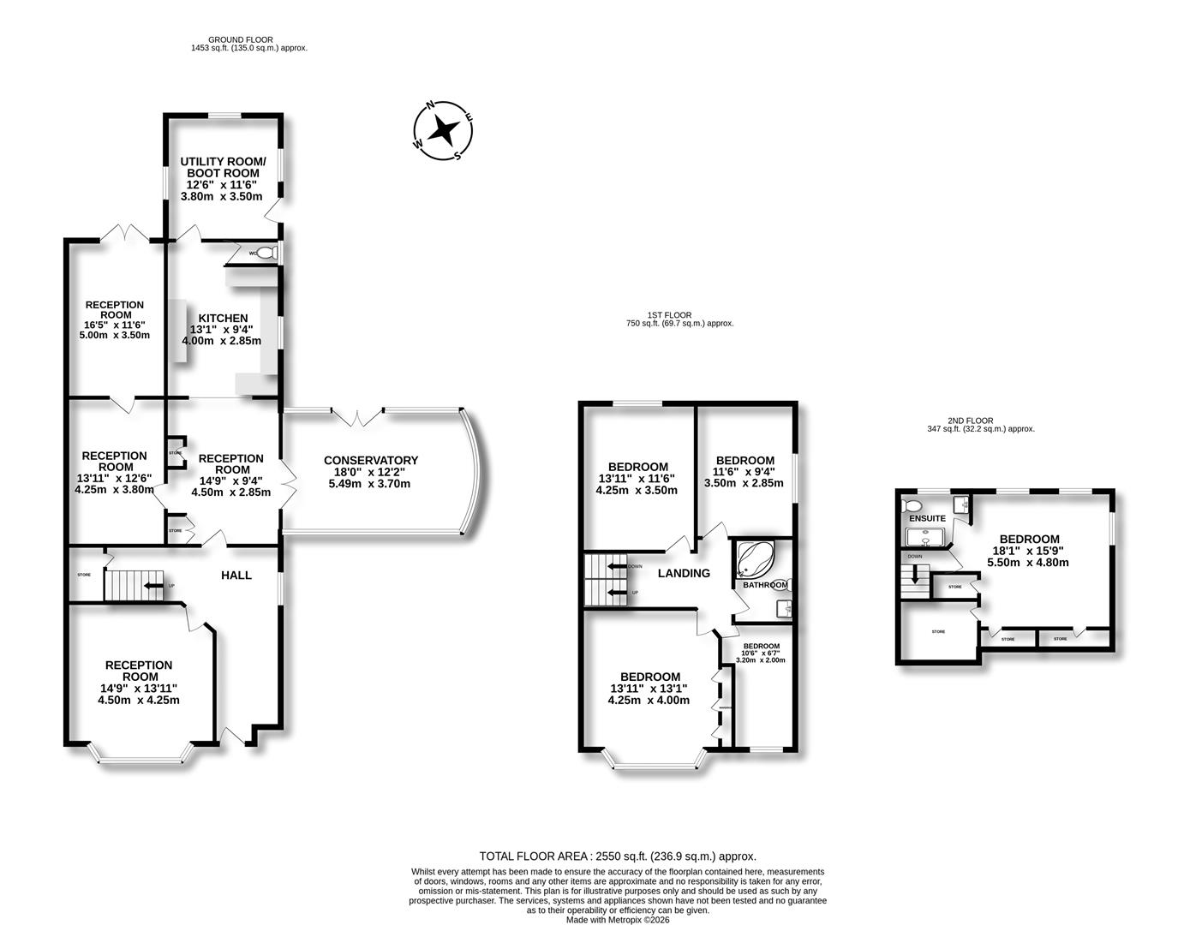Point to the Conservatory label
click(371, 461)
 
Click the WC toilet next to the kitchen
click(266, 254)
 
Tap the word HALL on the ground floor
click(236, 576)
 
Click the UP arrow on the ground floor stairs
click(152, 586)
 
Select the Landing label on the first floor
click(684, 573)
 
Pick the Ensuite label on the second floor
click(927, 518)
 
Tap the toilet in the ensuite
click(911, 505)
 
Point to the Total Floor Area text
click(618, 856)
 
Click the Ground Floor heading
click(241, 39)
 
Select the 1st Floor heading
click(670, 315)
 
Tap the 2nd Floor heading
click(970, 421)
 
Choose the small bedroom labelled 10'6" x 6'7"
click(761, 653)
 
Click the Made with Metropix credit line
click(618, 920)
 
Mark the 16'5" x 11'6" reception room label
click(115, 325)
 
